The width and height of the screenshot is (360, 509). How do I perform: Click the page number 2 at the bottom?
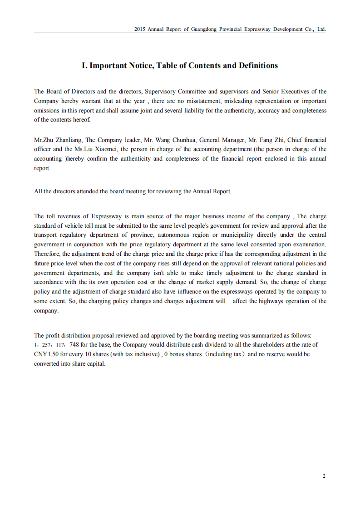coord(324,476)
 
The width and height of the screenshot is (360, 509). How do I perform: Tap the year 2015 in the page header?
coord(140,29)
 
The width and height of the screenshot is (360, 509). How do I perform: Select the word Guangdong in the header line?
coord(204,29)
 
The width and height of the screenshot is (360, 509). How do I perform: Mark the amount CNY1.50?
coord(46,354)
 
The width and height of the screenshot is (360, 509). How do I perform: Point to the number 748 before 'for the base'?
coord(75,345)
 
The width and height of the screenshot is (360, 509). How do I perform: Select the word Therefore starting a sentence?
coord(47,254)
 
